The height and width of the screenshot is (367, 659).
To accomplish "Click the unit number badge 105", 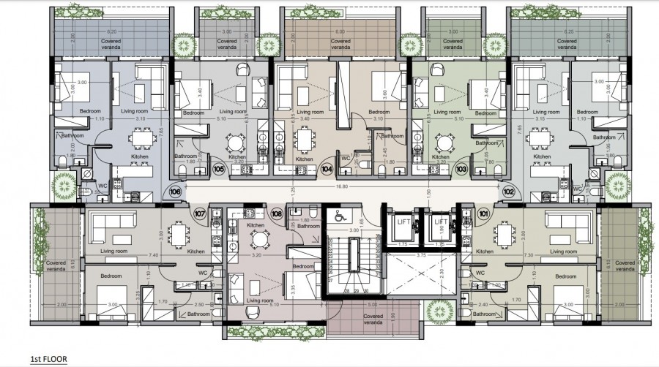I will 218,169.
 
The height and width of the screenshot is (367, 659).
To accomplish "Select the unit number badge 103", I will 461,169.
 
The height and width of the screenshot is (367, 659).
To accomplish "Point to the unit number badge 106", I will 176,192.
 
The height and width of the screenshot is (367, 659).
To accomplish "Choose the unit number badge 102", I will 508,192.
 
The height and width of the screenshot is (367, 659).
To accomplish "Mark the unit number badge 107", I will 200,214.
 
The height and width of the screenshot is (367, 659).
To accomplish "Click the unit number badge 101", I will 483,214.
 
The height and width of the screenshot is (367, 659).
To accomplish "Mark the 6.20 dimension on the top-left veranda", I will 111,32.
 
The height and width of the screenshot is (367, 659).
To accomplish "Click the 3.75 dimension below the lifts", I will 422,256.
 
